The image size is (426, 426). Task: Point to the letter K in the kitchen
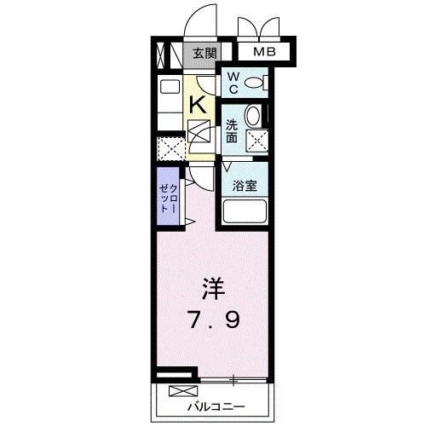(x=197, y=105)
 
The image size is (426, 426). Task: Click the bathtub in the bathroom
(x=245, y=210)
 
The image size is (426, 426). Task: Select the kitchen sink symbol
(x=170, y=87)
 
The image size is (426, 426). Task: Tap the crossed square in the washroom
(x=256, y=141)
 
